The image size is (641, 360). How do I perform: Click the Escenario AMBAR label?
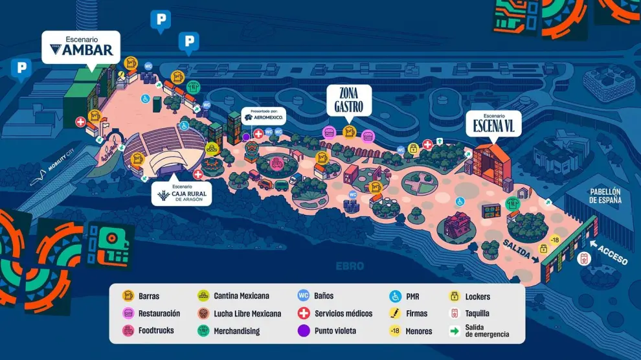pyautogui.click(x=81, y=47)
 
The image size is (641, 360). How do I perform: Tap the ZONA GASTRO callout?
pyautogui.click(x=348, y=100)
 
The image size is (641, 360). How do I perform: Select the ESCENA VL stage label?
pyautogui.click(x=493, y=123)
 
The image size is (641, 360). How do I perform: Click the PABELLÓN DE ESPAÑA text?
pyautogui.click(x=605, y=196)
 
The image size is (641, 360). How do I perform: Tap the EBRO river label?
pyautogui.click(x=350, y=266)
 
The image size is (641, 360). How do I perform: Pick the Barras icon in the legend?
pyautogui.click(x=129, y=297)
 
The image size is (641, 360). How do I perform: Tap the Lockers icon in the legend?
pyautogui.click(x=455, y=297)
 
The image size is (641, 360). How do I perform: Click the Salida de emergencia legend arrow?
pyautogui.click(x=455, y=331)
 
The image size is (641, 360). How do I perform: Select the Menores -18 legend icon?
pyautogui.click(x=394, y=331)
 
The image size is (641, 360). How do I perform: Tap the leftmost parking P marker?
pyautogui.click(x=21, y=68)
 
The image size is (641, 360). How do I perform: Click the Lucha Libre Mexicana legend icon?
pyautogui.click(x=203, y=313)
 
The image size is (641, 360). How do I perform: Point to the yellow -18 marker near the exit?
pyautogui.click(x=554, y=240)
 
